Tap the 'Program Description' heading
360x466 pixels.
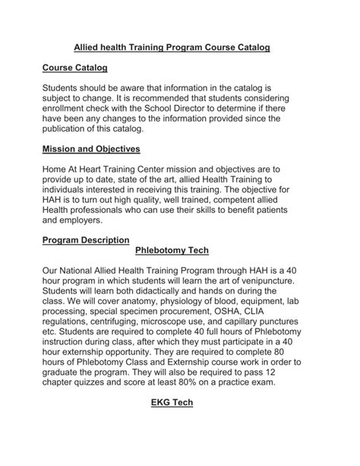tap(86, 240)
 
